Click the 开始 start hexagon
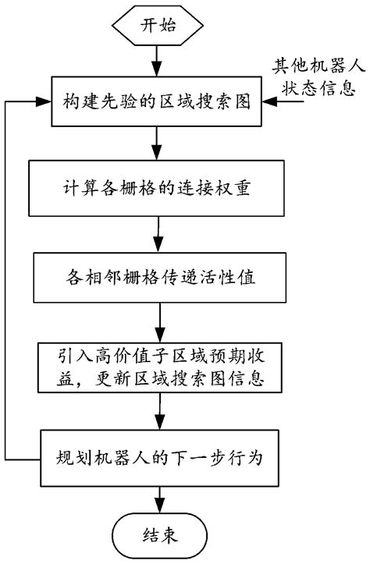click(159, 24)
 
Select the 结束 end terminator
click(161, 534)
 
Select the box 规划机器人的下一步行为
click(161, 456)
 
